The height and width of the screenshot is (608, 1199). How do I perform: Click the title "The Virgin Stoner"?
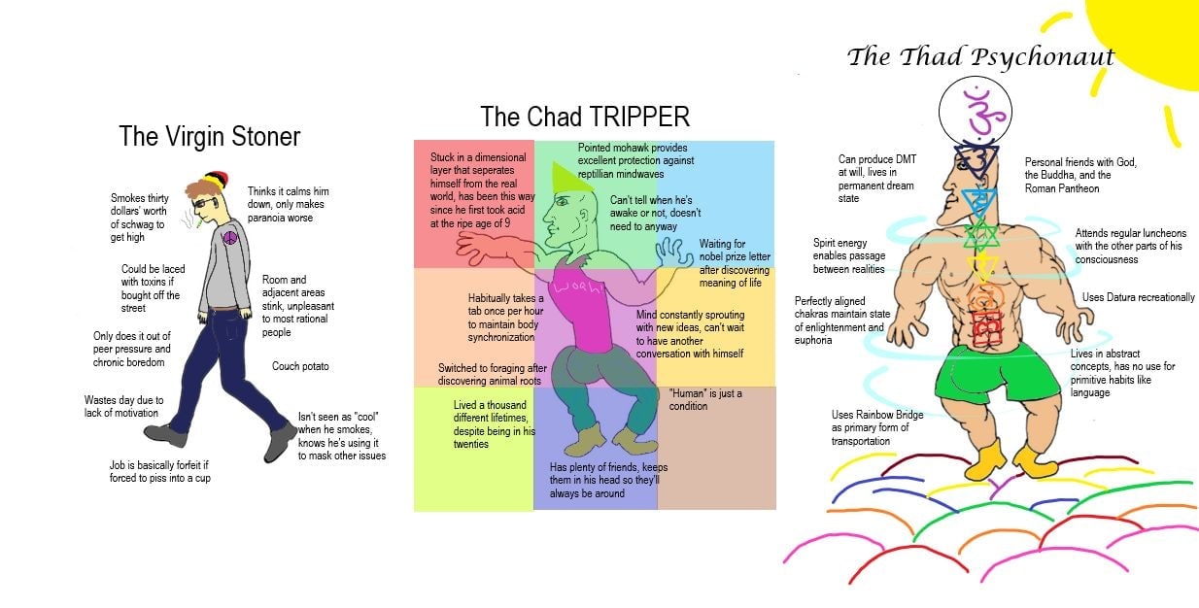pyautogui.click(x=209, y=136)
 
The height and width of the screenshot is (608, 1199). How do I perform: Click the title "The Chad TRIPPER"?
pyautogui.click(x=585, y=118)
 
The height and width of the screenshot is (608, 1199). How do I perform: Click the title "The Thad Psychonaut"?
pyautogui.click(x=979, y=56)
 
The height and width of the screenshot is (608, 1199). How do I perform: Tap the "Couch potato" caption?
pyautogui.click(x=300, y=366)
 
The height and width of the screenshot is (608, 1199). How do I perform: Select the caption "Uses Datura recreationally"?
pyautogui.click(x=1138, y=297)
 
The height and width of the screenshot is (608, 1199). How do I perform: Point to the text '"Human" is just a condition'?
pyautogui.click(x=705, y=399)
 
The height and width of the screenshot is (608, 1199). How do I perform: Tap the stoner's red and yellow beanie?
pyautogui.click(x=216, y=180)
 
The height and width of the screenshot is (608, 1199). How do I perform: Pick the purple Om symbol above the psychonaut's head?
pyautogui.click(x=977, y=110)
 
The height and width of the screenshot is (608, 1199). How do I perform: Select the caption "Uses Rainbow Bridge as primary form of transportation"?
pyautogui.click(x=877, y=428)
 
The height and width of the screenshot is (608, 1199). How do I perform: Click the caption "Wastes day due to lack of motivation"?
pyautogui.click(x=124, y=406)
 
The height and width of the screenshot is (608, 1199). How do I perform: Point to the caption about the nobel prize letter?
pyautogui.click(x=734, y=263)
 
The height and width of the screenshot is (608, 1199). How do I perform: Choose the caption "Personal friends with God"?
pyautogui.click(x=1080, y=175)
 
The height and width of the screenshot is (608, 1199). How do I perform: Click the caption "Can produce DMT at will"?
pyautogui.click(x=876, y=179)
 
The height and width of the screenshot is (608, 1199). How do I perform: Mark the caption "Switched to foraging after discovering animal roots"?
pyautogui.click(x=492, y=375)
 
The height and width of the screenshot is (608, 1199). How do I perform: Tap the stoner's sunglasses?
pyautogui.click(x=206, y=203)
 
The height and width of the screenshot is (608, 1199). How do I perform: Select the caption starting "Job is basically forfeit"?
pyautogui.click(x=159, y=471)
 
